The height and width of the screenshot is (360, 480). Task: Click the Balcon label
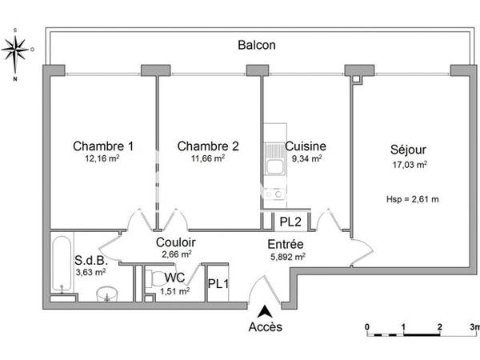(257, 46)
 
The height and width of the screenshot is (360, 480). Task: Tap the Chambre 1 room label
(103, 146)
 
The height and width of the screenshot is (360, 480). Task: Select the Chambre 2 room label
(208, 146)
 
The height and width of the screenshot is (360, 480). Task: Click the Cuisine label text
(305, 146)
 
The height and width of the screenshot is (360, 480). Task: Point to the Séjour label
(408, 150)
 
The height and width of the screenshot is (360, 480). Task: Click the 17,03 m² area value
(408, 165)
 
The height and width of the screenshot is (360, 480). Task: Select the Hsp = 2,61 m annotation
(413, 198)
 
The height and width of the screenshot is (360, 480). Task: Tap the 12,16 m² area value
(103, 159)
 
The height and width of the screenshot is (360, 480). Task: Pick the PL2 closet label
(290, 222)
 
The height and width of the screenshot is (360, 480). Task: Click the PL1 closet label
(217, 283)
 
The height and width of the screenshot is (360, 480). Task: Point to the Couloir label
(176, 242)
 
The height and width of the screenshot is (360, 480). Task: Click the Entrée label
(286, 243)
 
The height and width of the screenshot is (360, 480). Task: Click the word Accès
(265, 326)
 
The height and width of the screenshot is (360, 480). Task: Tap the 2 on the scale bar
(439, 327)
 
